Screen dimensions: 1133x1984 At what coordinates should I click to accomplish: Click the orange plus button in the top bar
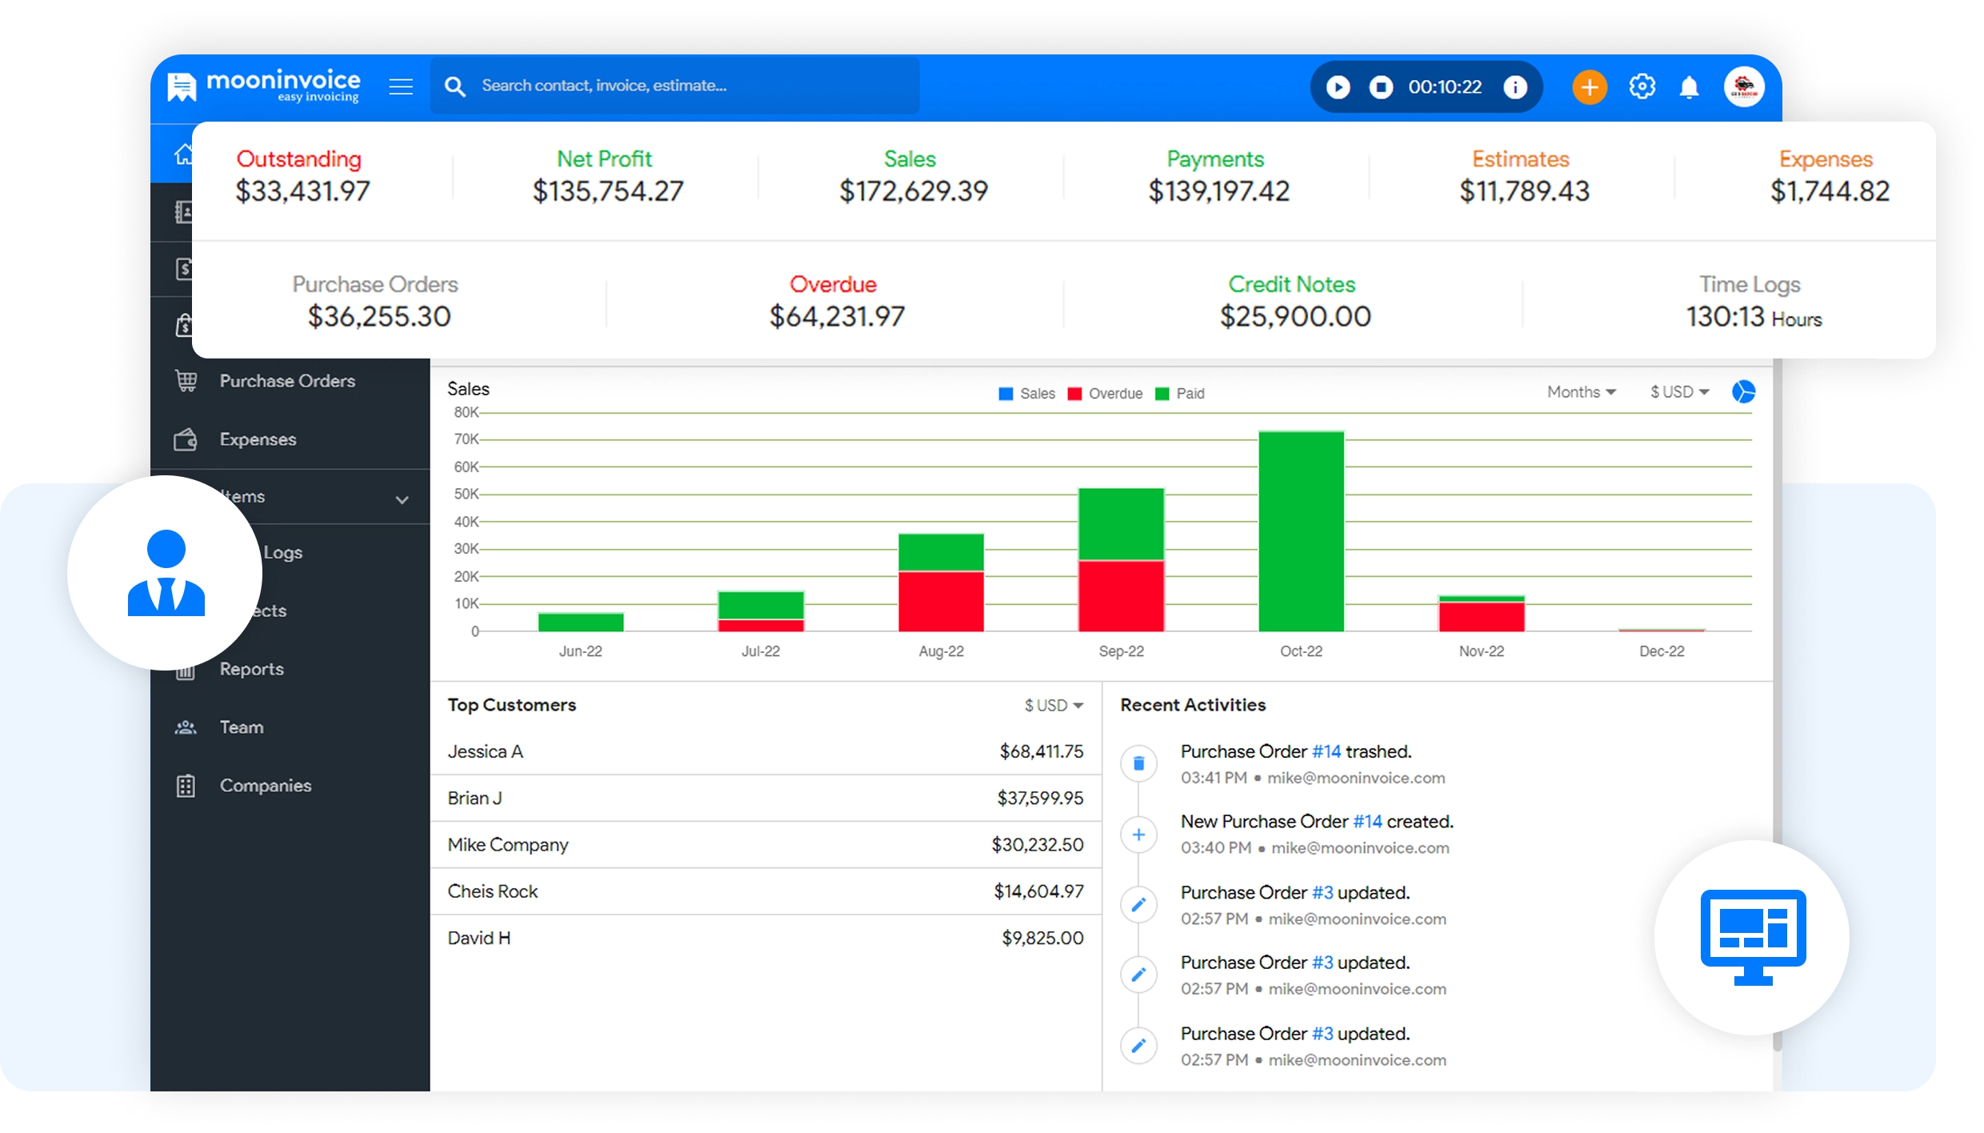point(1589,86)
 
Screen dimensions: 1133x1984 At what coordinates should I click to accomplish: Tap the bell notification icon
point(1689,86)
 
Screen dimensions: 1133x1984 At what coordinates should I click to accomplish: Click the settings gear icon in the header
point(1642,86)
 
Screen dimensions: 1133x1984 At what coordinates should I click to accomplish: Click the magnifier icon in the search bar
point(455,86)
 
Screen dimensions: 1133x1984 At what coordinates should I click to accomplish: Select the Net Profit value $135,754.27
point(608,191)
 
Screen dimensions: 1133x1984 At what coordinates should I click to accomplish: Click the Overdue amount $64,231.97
point(837,317)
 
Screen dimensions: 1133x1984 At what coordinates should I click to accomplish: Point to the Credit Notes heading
point(1291,284)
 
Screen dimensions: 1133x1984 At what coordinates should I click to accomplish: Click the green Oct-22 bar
point(1301,530)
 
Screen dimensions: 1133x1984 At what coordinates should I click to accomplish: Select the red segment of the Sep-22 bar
point(1121,595)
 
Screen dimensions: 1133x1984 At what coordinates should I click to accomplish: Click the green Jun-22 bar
point(581,622)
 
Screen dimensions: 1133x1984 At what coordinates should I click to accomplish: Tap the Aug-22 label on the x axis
point(941,651)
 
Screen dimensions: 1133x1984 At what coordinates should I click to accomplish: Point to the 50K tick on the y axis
point(466,494)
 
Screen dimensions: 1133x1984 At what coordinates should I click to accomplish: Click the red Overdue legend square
point(1074,394)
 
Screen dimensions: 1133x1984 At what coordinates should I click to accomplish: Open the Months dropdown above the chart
point(1581,392)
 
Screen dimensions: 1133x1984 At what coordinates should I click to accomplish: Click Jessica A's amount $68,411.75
point(1041,751)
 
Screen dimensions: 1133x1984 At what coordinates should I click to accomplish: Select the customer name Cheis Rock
point(493,891)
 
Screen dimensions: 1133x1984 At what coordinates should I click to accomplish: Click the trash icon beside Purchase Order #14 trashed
point(1138,763)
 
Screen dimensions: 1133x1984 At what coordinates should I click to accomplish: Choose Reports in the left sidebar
point(251,669)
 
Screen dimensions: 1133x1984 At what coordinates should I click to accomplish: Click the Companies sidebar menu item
point(265,786)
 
